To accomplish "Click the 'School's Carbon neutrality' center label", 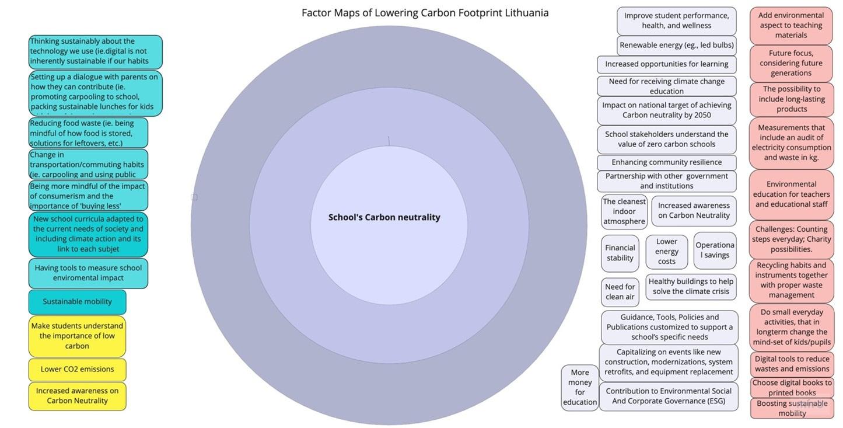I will click(384, 217).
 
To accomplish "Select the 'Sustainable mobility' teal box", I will click(77, 302).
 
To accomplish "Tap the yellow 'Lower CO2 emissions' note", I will click(77, 369).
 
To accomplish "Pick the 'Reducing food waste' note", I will click(88, 133).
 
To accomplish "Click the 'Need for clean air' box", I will click(620, 291).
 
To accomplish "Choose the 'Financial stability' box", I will click(620, 253).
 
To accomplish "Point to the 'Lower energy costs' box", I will click(666, 251).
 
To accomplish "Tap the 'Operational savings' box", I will click(715, 250).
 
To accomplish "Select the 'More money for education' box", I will click(580, 387).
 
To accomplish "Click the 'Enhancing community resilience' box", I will click(666, 162).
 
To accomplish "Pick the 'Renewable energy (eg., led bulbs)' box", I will click(676, 45).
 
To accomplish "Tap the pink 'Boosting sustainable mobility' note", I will click(792, 408).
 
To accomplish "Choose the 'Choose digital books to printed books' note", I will click(792, 388).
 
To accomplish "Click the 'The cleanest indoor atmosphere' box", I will click(624, 211).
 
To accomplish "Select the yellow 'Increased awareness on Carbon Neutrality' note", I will click(77, 396).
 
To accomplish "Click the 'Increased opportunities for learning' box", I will click(666, 64).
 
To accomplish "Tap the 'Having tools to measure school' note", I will click(88, 273).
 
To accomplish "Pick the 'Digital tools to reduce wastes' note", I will click(792, 364).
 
